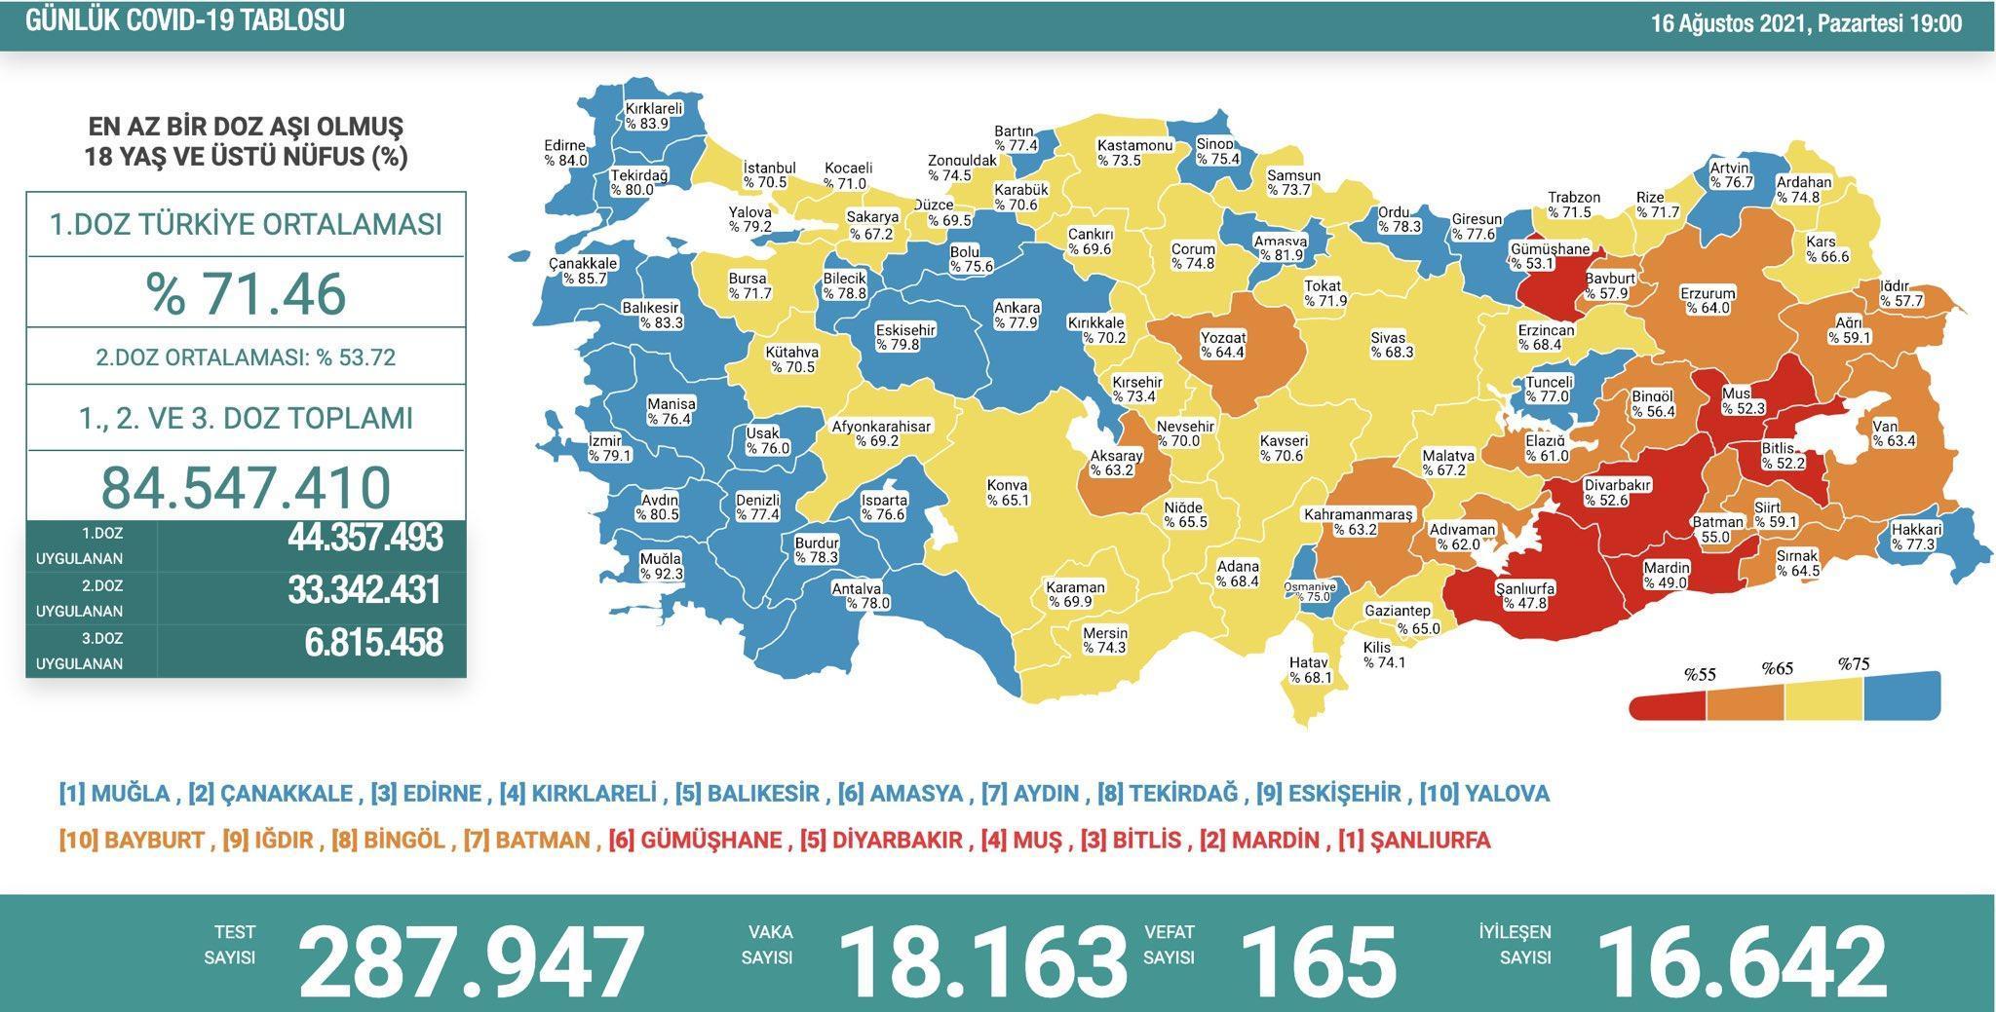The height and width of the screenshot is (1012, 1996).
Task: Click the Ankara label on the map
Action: pos(1016,316)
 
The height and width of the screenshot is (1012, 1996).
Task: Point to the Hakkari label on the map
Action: pos(1916,537)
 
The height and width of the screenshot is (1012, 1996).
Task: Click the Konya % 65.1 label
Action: pos(1008,493)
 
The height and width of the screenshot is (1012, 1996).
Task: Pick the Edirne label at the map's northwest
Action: pos(565,154)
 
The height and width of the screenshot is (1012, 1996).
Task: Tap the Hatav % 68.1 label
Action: pos(1310,670)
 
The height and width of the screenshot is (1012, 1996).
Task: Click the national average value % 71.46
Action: pos(246,293)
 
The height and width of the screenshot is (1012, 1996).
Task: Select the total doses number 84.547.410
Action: pos(246,487)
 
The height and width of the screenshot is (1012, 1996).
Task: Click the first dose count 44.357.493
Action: pos(365,538)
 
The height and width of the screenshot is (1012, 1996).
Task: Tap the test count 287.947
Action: pos(472,959)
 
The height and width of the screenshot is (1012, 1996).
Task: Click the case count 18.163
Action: pos(982,959)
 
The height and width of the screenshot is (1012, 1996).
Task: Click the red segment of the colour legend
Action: pos(1668,704)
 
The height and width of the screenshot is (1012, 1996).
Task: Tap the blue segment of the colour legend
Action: pos(1901,695)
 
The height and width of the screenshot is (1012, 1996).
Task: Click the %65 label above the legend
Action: pos(1777,669)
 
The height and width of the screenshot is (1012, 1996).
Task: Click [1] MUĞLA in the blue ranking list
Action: pos(114,794)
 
